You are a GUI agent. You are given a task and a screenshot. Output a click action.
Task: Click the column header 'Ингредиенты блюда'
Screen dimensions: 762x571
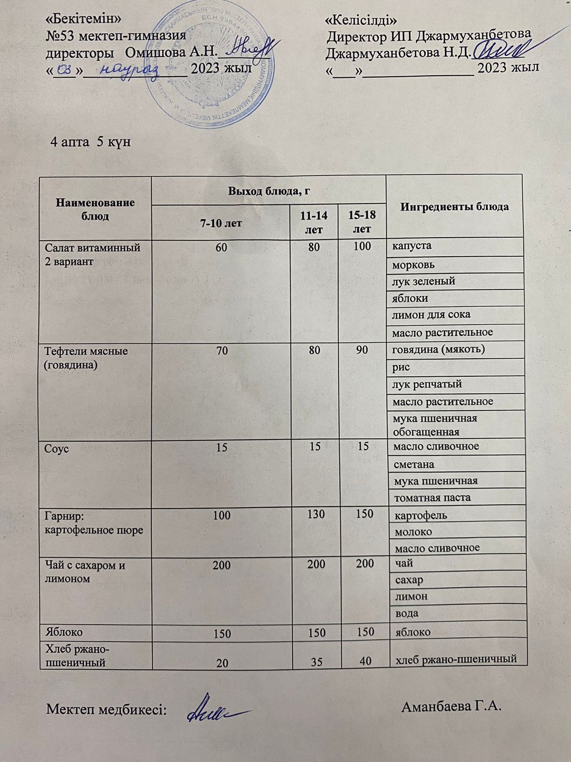click(454, 207)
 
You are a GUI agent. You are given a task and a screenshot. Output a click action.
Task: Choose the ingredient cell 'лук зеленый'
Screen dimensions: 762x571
click(423, 281)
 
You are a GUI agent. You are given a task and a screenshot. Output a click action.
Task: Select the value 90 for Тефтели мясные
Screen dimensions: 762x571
click(362, 351)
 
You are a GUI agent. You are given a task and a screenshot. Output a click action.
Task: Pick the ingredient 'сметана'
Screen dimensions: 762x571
click(413, 464)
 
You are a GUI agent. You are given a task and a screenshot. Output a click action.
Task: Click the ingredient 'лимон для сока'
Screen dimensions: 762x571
click(431, 315)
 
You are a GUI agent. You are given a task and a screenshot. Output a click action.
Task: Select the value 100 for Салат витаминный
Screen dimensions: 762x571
click(362, 247)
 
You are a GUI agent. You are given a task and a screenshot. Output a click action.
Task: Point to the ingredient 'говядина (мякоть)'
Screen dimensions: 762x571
click(438, 350)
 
